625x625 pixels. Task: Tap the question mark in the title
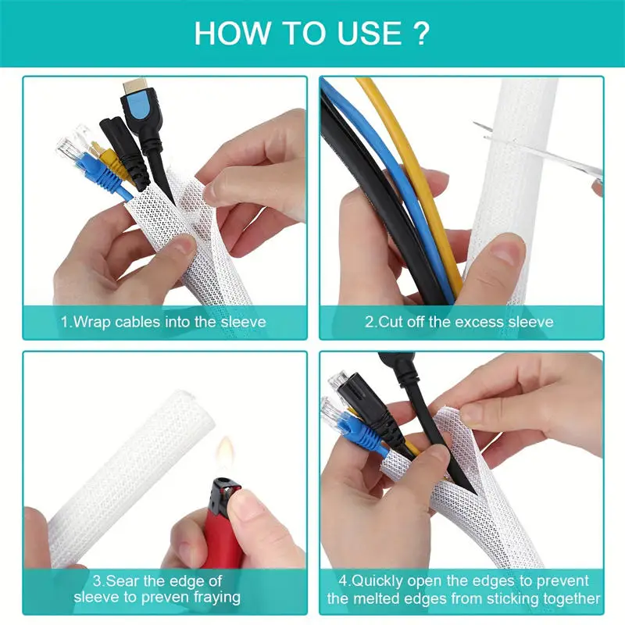click(x=421, y=34)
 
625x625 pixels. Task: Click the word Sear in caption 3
click(x=123, y=580)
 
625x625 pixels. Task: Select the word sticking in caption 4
click(x=509, y=598)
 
